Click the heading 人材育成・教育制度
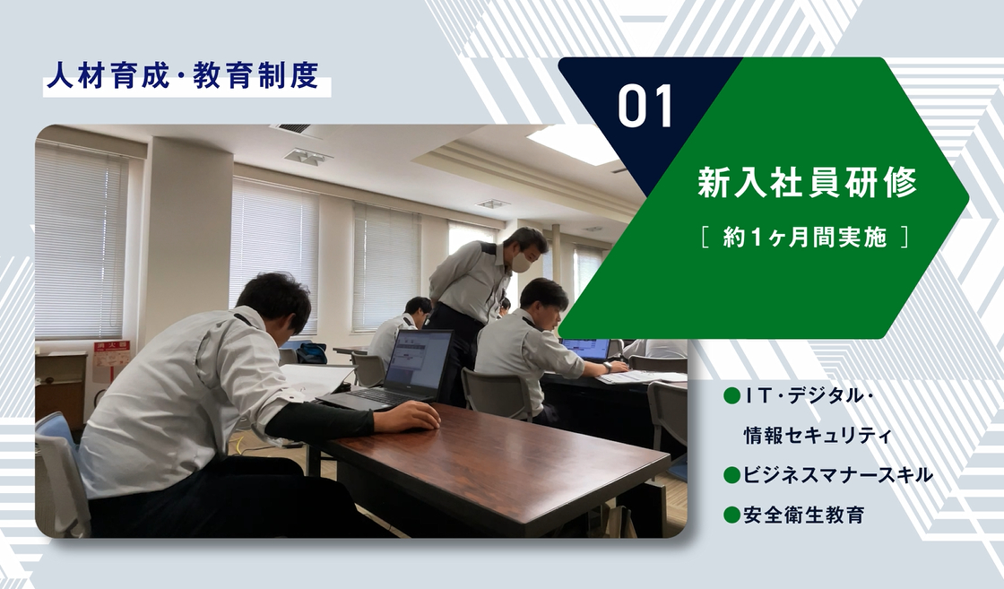[183, 75]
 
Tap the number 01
[645, 107]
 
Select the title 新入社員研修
[808, 183]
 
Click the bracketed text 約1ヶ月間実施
[805, 238]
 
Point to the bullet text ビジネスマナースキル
[837, 475]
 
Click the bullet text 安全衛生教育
[804, 515]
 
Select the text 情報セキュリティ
[817, 436]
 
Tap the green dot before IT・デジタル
[731, 396]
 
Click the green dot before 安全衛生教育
[731, 515]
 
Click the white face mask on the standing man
[521, 261]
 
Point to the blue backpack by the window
[312, 352]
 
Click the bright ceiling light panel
[572, 143]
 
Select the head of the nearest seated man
[275, 303]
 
